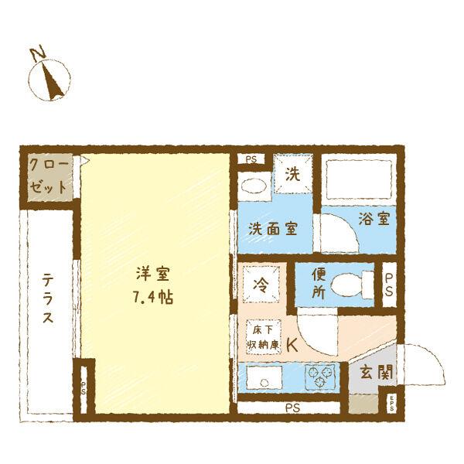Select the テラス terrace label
[x=48, y=299]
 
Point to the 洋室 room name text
[x=152, y=274]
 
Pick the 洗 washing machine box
[x=293, y=175]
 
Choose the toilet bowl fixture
[x=352, y=285]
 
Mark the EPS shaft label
[x=392, y=403]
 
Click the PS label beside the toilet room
[x=389, y=284]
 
